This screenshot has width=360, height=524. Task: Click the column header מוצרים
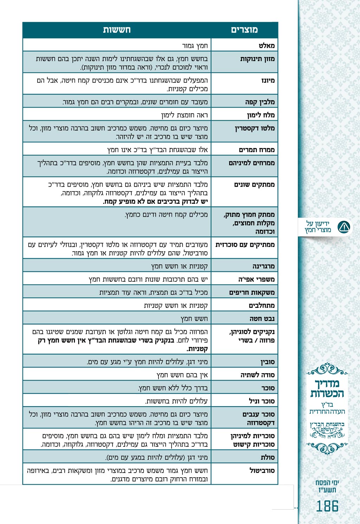244,30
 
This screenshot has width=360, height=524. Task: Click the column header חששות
117,30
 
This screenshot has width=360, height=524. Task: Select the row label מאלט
266,45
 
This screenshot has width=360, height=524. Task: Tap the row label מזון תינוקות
257,59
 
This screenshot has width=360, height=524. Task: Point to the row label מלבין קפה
260,102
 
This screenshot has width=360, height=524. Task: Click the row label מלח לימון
261,115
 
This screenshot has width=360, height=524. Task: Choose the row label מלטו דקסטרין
255,128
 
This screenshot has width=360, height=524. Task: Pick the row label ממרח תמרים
257,150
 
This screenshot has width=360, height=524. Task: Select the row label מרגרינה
263,266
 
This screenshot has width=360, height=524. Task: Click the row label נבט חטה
262,319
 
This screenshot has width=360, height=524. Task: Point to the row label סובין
268,362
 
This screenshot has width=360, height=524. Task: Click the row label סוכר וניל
262,401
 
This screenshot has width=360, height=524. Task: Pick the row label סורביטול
262,470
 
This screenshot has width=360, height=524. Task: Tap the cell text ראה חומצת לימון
185,115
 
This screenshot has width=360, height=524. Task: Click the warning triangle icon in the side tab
343,227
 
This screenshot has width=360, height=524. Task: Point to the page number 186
327,506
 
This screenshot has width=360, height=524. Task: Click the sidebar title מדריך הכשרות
327,388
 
